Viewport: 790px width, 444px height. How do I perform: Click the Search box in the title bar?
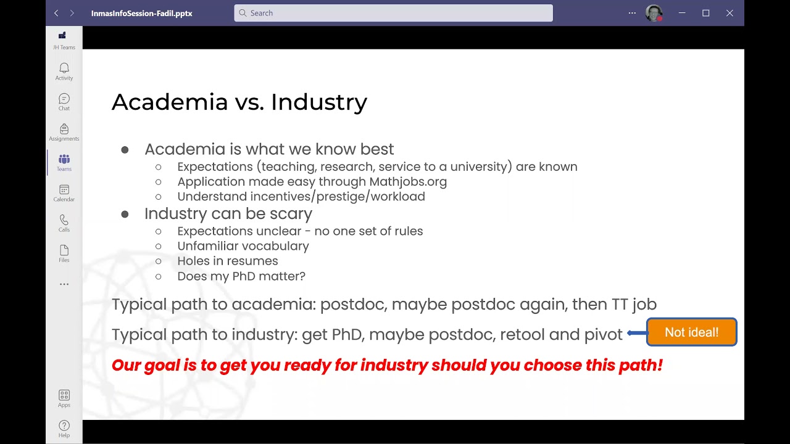pos(393,13)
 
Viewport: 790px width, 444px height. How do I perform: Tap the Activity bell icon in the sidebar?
pos(64,68)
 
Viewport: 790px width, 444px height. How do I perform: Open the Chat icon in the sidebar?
pos(64,99)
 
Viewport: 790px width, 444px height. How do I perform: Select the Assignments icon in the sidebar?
pos(64,129)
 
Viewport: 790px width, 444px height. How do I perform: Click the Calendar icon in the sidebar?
pos(64,190)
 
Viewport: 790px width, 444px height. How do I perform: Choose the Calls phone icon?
pos(64,220)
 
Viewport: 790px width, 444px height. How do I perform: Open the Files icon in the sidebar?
pos(64,250)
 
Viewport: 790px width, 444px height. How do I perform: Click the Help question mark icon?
pos(64,425)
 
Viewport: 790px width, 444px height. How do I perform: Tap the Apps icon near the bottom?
pos(64,395)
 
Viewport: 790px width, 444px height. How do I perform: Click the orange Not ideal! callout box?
pos(691,332)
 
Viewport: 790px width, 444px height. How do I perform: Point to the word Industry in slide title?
pos(318,102)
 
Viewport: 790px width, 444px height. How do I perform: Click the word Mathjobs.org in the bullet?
pos(408,182)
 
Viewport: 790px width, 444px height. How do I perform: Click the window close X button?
pos(730,13)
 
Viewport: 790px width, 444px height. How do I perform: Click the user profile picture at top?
pos(653,13)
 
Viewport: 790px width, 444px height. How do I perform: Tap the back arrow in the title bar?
pos(56,13)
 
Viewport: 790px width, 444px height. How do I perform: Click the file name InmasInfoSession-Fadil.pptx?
pos(141,13)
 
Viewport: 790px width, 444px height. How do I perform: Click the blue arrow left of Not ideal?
pos(636,333)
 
